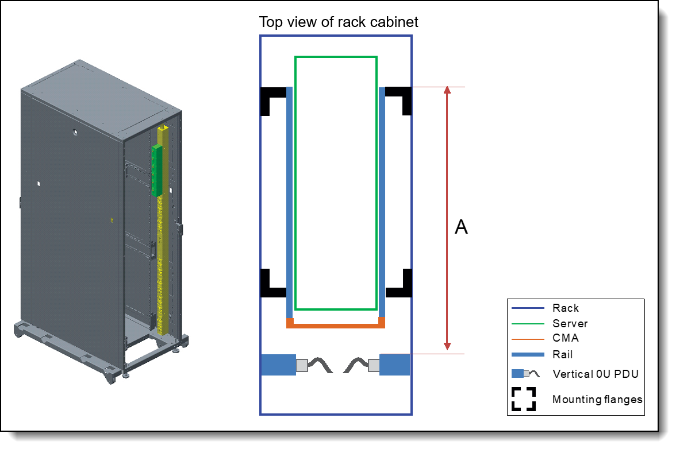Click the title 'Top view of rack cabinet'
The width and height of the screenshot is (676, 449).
(339, 22)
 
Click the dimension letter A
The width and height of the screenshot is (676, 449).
(461, 227)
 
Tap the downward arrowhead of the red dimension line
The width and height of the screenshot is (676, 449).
(447, 346)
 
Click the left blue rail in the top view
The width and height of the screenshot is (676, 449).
(289, 201)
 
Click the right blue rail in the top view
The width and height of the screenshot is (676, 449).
(382, 201)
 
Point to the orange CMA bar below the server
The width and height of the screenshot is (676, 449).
(336, 326)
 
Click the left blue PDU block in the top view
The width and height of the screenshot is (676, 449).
(278, 365)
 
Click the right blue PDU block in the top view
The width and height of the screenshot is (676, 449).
(394, 365)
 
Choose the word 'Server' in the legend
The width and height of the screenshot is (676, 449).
(570, 324)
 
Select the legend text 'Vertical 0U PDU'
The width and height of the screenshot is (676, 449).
(596, 374)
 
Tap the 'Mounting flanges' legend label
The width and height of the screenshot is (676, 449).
(597, 399)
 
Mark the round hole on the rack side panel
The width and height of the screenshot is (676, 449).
(75, 131)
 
